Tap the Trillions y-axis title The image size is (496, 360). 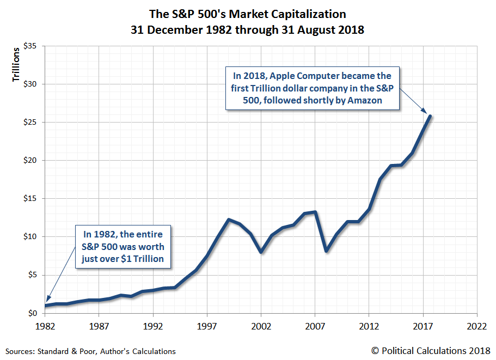(16, 65)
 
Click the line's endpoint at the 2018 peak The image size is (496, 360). (430, 116)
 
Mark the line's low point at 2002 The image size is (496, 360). (261, 252)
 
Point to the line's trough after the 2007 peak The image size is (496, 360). (326, 251)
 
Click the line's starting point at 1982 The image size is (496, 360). (45, 306)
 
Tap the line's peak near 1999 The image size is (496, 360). (229, 219)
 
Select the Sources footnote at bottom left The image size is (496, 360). (90, 352)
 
